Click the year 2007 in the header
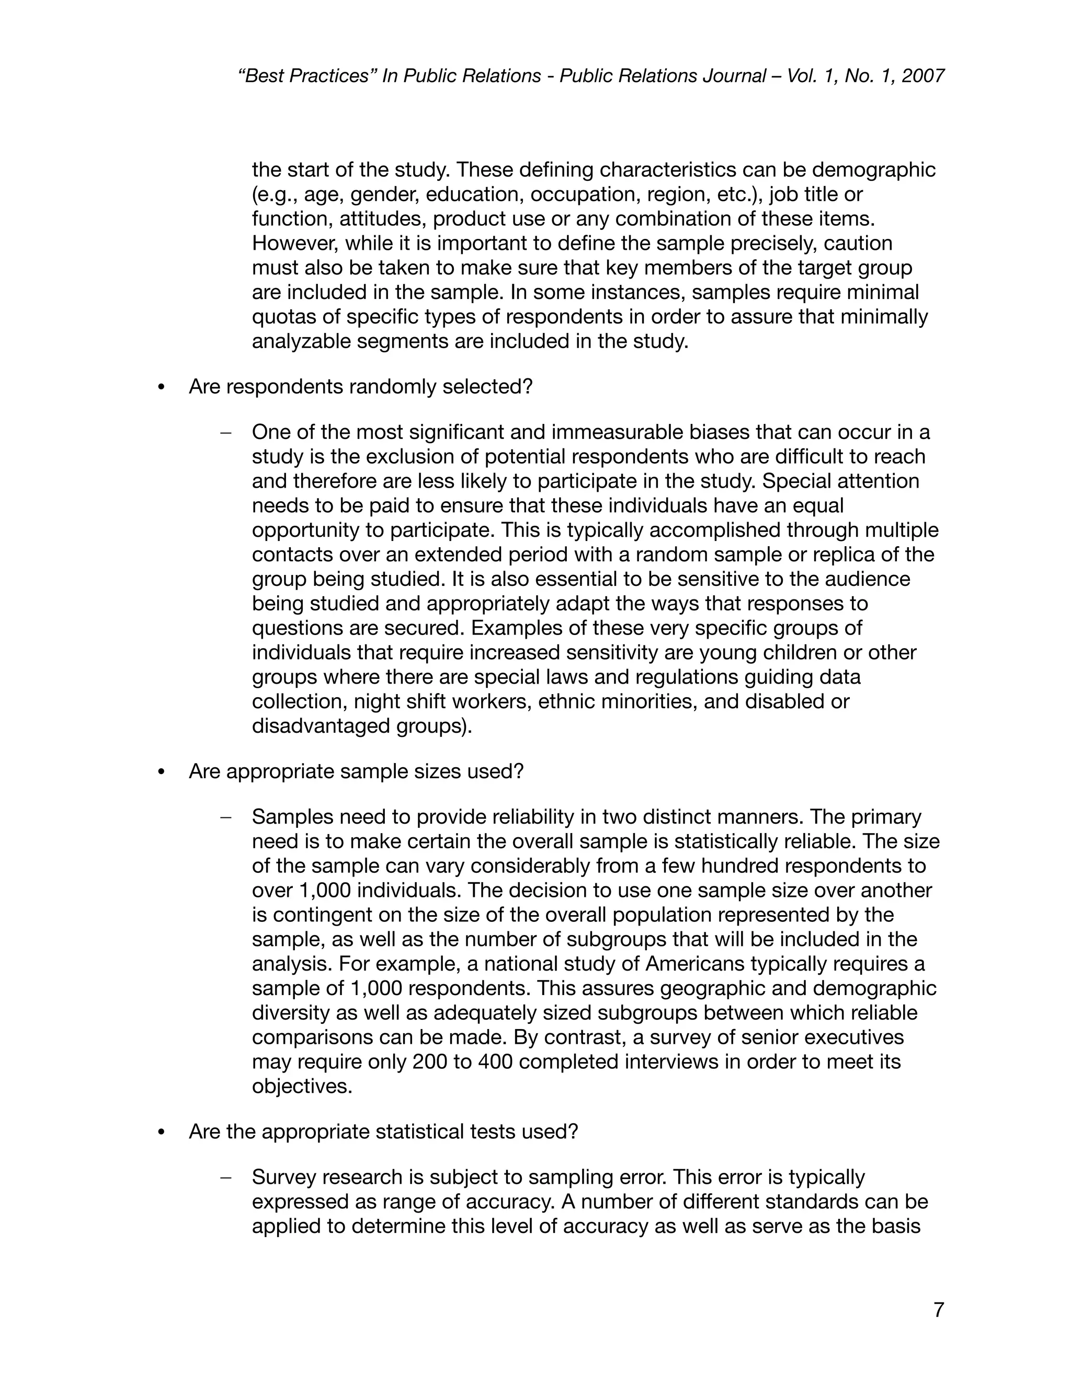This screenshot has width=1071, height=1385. coord(922,76)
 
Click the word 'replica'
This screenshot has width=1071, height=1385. coord(839,555)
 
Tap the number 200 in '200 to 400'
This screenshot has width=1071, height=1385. coord(429,1062)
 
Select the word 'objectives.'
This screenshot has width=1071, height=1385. coord(302,1087)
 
